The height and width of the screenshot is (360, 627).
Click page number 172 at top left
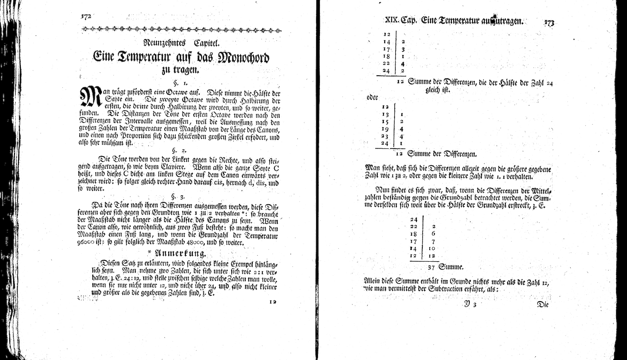tap(86, 16)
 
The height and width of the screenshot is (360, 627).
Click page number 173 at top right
tap(549, 23)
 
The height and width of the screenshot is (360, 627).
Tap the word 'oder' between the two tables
tap(373, 97)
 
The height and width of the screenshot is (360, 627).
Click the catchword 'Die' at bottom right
tap(542, 304)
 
